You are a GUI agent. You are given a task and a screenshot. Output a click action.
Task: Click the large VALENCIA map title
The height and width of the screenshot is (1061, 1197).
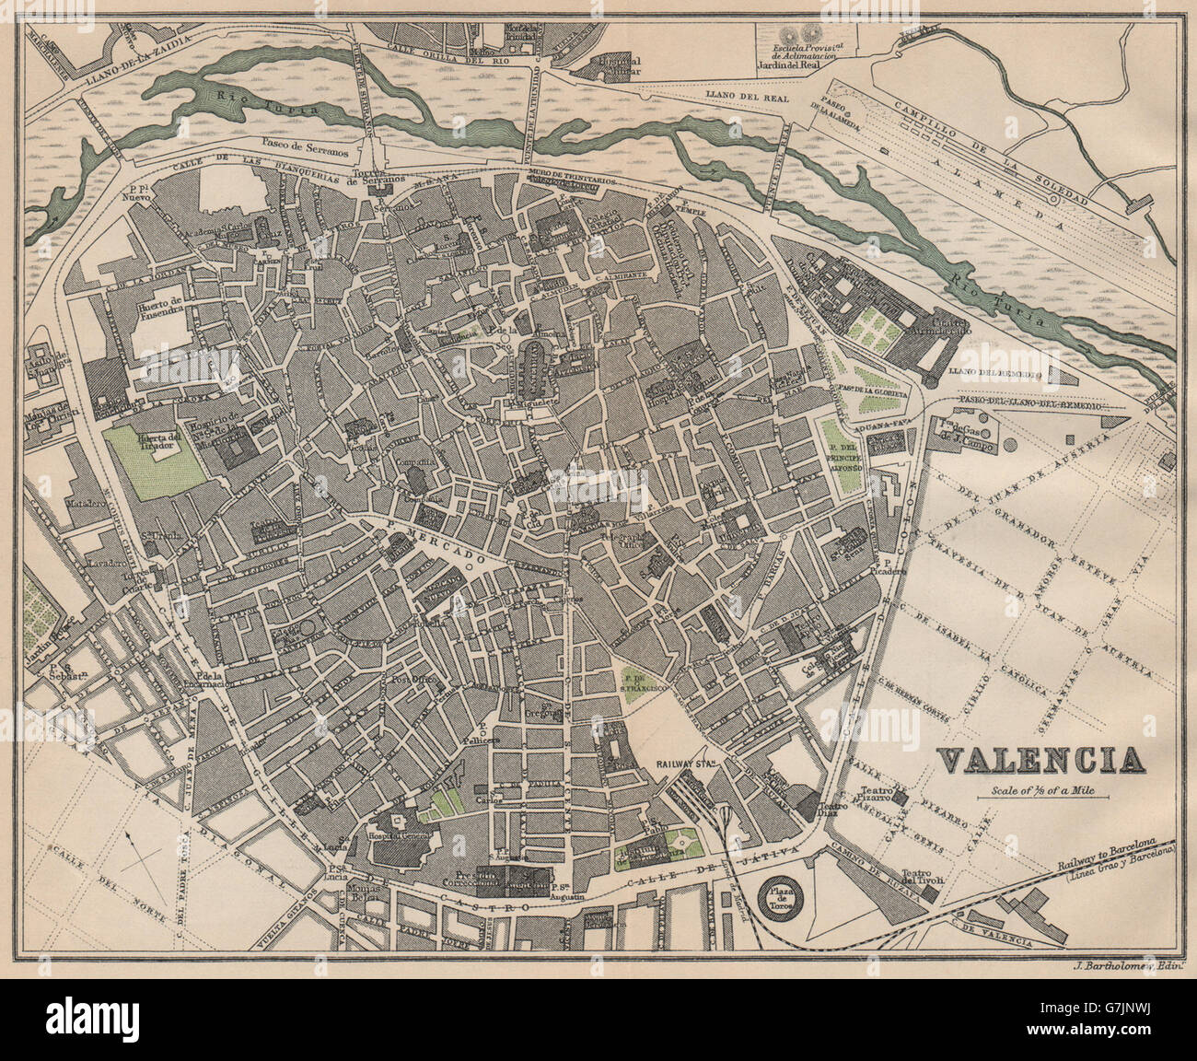[x=1040, y=760]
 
